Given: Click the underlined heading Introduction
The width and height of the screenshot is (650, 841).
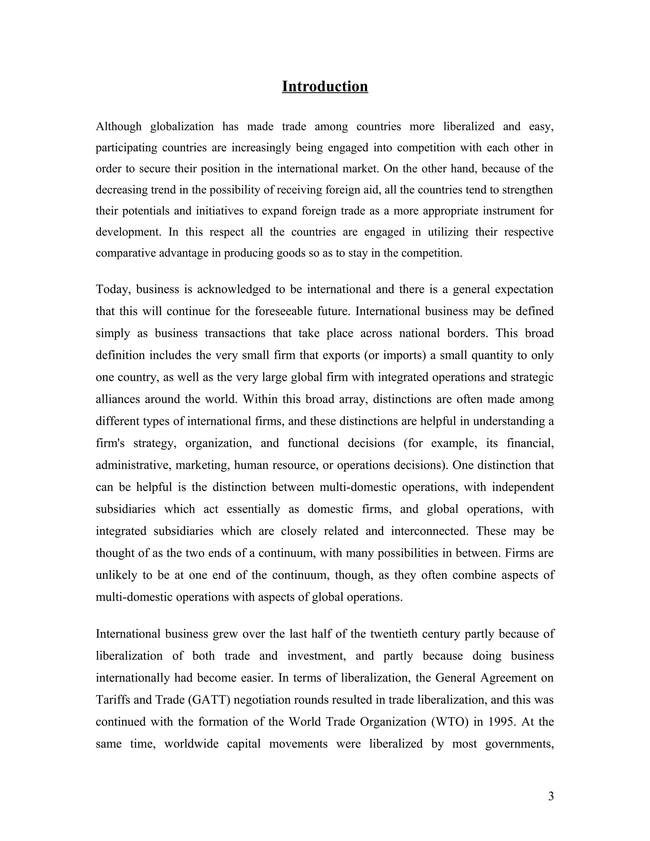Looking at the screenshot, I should tap(325, 86).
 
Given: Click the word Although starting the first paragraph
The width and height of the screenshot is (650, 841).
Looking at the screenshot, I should tap(119, 126).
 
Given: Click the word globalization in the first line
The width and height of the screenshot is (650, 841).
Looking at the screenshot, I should tap(182, 126).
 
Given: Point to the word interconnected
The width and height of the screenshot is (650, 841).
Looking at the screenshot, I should tap(429, 531).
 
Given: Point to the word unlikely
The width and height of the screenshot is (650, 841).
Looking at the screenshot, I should tap(116, 575).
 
